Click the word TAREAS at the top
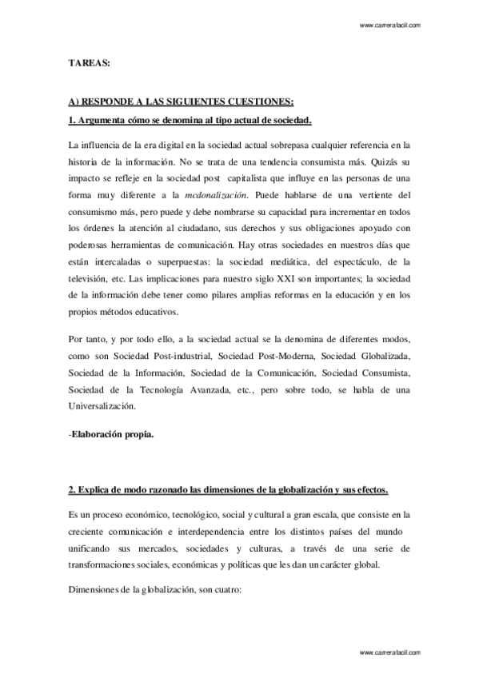coord(84,61)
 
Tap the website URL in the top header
coord(391,26)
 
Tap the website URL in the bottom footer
coord(391,652)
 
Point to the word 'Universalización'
coord(103,405)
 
